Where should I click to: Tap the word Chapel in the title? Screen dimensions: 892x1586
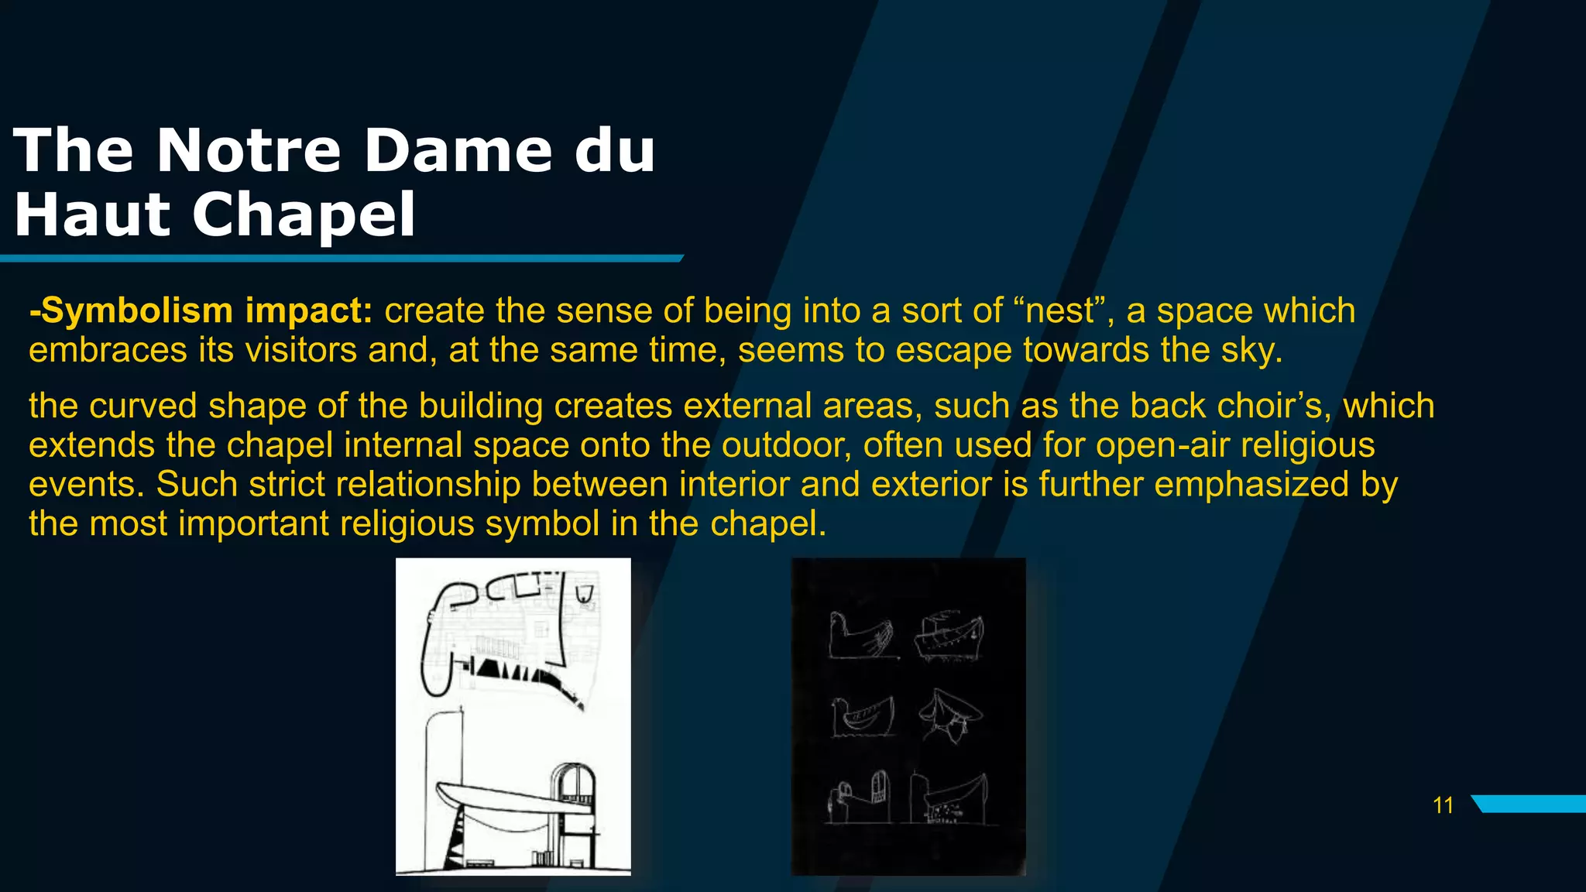304,214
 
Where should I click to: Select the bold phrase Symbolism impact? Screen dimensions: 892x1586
201,310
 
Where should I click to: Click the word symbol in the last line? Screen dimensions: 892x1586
542,524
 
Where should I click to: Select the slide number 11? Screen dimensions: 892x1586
1443,805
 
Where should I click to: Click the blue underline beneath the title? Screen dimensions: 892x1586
341,258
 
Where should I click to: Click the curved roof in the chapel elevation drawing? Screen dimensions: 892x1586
496,798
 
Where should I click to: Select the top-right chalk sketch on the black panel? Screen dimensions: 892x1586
949,636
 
